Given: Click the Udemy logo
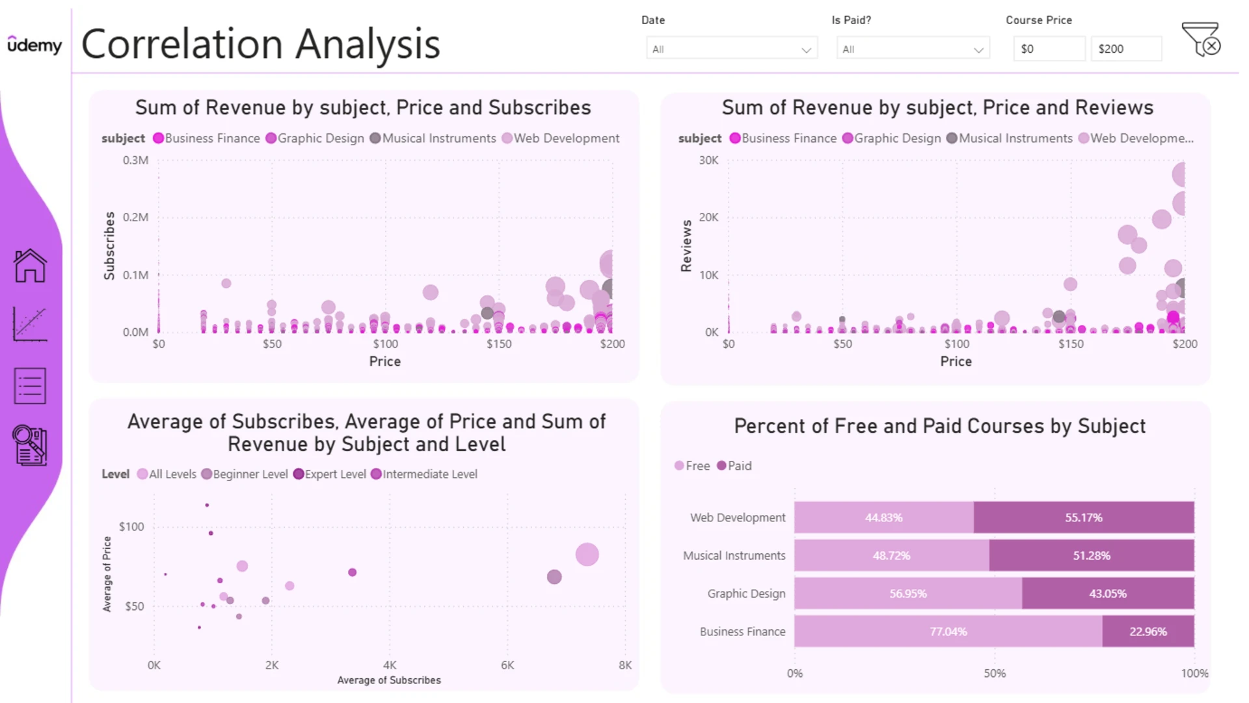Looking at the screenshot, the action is click(34, 44).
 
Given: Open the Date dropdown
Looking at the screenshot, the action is click(732, 49).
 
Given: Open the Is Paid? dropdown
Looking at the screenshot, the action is click(913, 49).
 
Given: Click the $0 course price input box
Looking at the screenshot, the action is click(1049, 49).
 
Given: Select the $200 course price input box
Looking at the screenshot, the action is click(1126, 49).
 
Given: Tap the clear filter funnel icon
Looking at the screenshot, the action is click(1201, 39).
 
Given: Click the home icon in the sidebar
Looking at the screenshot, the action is click(30, 266).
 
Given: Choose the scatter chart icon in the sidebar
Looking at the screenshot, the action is click(30, 324).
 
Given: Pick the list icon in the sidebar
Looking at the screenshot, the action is click(30, 386).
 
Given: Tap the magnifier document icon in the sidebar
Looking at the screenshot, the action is click(30, 445).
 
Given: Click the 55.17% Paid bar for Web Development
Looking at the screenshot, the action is click(1084, 517).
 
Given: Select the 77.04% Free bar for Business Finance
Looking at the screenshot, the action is click(948, 631).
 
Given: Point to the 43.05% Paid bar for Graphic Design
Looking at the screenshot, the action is click(1108, 594).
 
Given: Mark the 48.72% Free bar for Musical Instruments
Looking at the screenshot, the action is click(892, 556).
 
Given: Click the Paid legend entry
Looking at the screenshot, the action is click(734, 466).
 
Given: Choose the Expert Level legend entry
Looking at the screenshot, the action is click(330, 475).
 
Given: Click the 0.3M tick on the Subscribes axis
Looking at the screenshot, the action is click(135, 160).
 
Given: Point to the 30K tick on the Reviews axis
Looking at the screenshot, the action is click(708, 160).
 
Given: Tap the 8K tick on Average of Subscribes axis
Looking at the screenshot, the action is click(625, 665).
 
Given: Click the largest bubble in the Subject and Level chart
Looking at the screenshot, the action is click(587, 555).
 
